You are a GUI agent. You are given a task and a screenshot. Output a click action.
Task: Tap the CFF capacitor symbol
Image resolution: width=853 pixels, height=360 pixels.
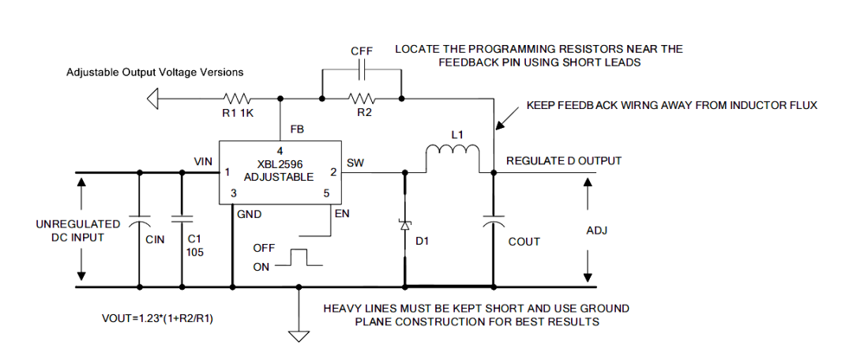point(362,70)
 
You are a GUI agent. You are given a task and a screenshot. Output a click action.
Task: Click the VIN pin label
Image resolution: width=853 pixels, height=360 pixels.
point(202,161)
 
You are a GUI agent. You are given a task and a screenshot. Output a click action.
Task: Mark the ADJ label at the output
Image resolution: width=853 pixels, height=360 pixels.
point(597,231)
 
